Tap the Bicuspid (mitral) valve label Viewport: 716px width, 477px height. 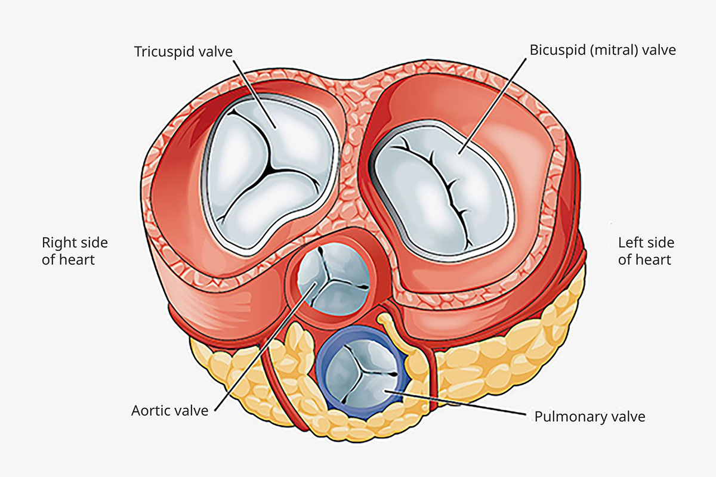[603, 49]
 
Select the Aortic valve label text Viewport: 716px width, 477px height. [170, 411]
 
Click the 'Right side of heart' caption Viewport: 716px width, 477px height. [75, 251]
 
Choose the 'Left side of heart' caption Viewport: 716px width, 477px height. [646, 251]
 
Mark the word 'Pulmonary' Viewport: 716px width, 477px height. [564, 416]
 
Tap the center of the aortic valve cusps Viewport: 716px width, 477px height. [332, 276]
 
